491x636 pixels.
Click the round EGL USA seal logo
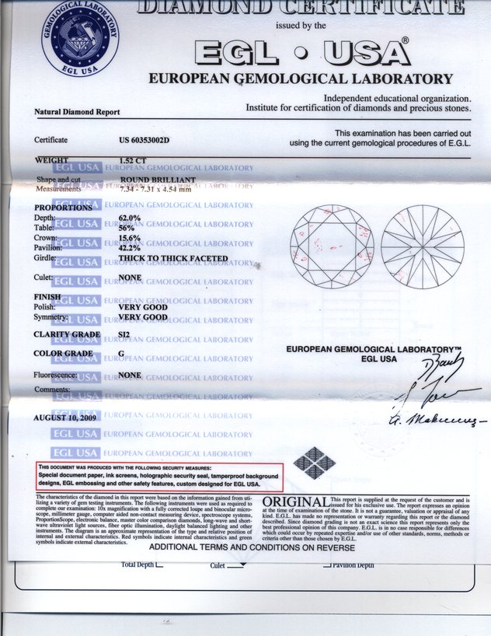pyautogui.click(x=81, y=38)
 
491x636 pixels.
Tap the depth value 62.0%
pyautogui.click(x=129, y=218)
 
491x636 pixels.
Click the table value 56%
pyautogui.click(x=126, y=228)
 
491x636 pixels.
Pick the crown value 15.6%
pyautogui.click(x=129, y=238)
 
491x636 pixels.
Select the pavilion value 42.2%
pyautogui.click(x=129, y=248)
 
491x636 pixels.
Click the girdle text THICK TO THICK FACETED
pyautogui.click(x=172, y=258)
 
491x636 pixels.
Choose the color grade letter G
pyautogui.click(x=121, y=354)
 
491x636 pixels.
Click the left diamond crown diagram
pyautogui.click(x=332, y=246)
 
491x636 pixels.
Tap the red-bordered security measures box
pyautogui.click(x=159, y=475)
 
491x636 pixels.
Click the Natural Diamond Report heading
pyautogui.click(x=77, y=112)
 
